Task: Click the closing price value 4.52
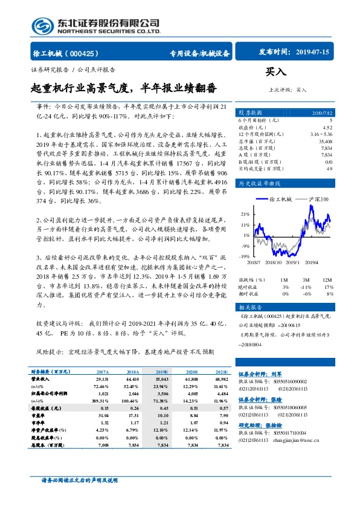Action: pyautogui.click(x=327, y=128)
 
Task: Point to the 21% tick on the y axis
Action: pyautogui.click(x=245, y=214)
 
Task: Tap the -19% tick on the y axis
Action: pyautogui.click(x=245, y=257)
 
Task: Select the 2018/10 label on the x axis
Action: pyautogui.click(x=273, y=262)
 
